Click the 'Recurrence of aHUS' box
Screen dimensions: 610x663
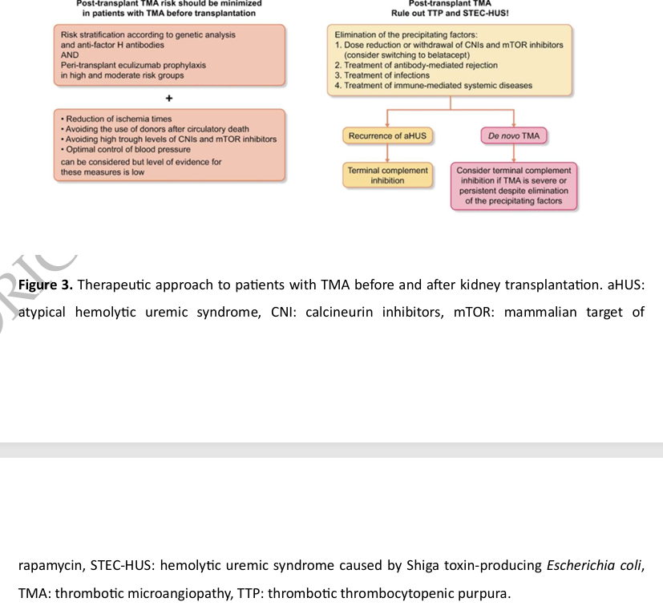point(387,136)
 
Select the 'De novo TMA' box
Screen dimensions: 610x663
point(514,136)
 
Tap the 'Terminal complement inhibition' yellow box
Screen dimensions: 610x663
point(387,176)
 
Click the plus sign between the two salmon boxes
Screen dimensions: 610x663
point(169,98)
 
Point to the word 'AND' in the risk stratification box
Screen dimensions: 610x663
point(70,55)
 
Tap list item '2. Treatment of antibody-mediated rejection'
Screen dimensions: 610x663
point(416,65)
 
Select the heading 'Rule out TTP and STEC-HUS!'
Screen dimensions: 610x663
point(450,14)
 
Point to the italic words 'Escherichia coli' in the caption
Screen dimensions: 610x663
point(594,566)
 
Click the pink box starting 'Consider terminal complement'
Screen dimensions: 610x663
point(514,186)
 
